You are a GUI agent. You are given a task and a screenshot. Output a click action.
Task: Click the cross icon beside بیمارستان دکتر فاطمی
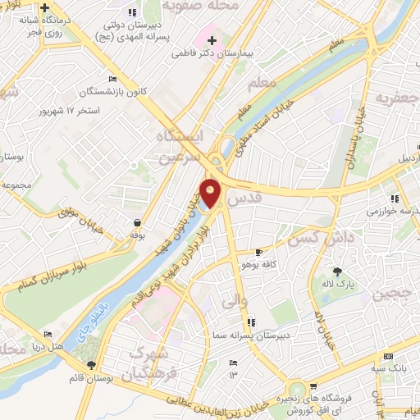pyautogui.click(x=212, y=40)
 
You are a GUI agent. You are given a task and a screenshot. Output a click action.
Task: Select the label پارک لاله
pyautogui.click(x=337, y=284)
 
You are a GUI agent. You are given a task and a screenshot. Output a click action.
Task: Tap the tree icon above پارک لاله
pyautogui.click(x=337, y=272)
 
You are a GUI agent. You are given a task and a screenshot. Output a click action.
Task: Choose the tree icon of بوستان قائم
pyautogui.click(x=90, y=365)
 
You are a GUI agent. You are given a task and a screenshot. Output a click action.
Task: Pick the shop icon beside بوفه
pyautogui.click(x=137, y=221)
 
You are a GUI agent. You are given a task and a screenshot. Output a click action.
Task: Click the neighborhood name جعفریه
pyautogui.click(x=391, y=98)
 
